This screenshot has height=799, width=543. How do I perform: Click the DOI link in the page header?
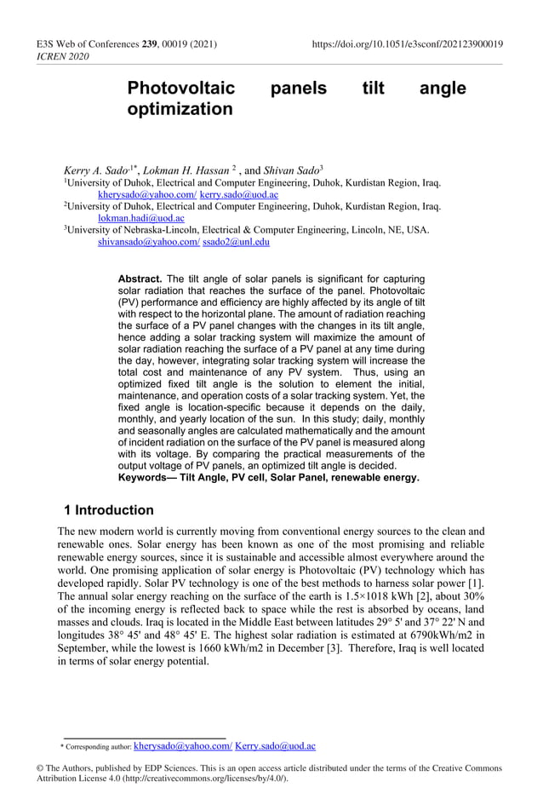pyautogui.click(x=408, y=43)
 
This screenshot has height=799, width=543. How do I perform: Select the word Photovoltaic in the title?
pyautogui.click(x=180, y=89)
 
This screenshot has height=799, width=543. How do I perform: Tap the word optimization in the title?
pyautogui.click(x=180, y=110)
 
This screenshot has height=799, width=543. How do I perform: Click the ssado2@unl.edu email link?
pyautogui.click(x=237, y=242)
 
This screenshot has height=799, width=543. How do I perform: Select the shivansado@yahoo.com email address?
pyautogui.click(x=148, y=242)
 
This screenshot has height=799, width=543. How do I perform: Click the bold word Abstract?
pyautogui.click(x=140, y=279)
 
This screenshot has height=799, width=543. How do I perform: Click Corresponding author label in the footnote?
pyautogui.click(x=97, y=747)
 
